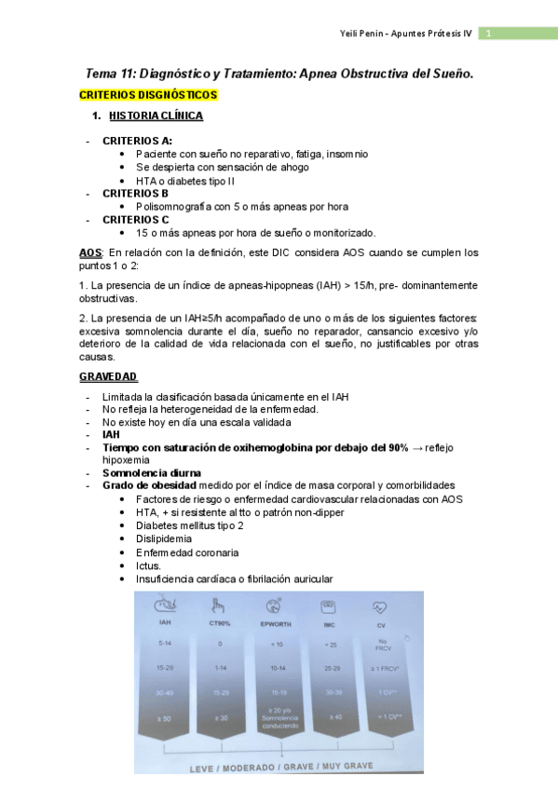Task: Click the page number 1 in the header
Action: click(486, 34)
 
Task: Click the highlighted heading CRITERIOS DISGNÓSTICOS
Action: click(148, 95)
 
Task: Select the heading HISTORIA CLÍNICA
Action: click(156, 116)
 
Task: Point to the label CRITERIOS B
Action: click(136, 193)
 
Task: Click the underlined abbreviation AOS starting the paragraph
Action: click(90, 252)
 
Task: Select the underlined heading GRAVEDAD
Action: click(108, 376)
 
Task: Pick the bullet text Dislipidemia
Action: click(164, 538)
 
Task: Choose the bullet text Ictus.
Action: click(148, 565)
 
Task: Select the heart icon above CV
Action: click(381, 605)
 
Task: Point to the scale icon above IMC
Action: click(328, 605)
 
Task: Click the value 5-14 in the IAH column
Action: click(165, 644)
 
